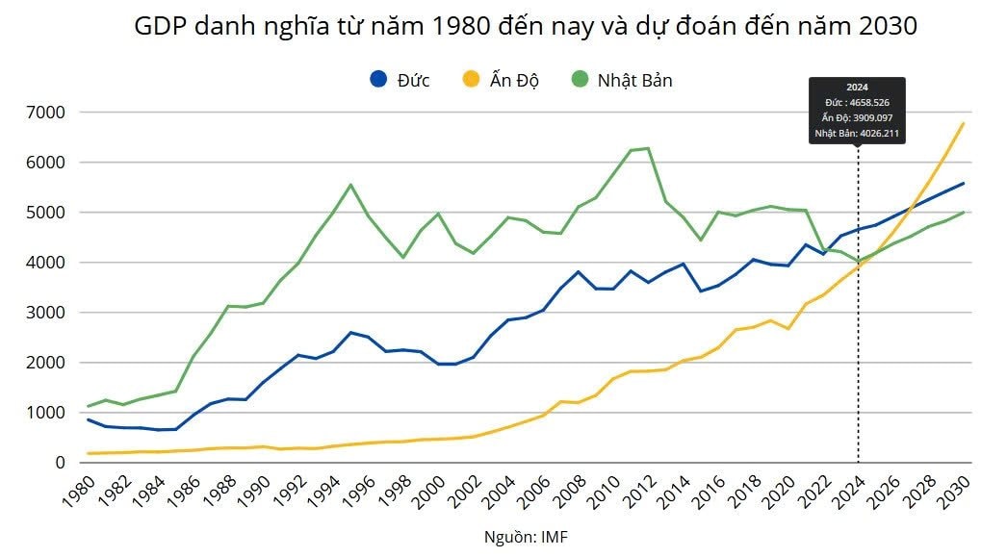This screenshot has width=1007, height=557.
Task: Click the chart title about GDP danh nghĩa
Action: click(x=525, y=27)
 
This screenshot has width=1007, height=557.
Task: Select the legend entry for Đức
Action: click(x=400, y=80)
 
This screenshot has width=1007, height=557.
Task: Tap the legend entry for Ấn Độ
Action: click(x=500, y=80)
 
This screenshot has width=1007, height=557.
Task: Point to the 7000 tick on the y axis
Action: click(x=44, y=113)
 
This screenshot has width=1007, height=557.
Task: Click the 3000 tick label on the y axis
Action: click(x=44, y=313)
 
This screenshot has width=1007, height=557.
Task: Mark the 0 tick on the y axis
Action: click(x=59, y=463)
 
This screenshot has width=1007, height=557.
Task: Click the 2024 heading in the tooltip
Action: click(x=857, y=88)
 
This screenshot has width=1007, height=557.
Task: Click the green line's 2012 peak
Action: click(x=648, y=148)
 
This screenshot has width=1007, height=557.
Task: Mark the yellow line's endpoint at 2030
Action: click(x=963, y=123)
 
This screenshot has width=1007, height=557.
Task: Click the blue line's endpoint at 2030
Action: click(x=963, y=183)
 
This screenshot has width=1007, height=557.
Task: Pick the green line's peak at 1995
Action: click(x=350, y=185)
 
